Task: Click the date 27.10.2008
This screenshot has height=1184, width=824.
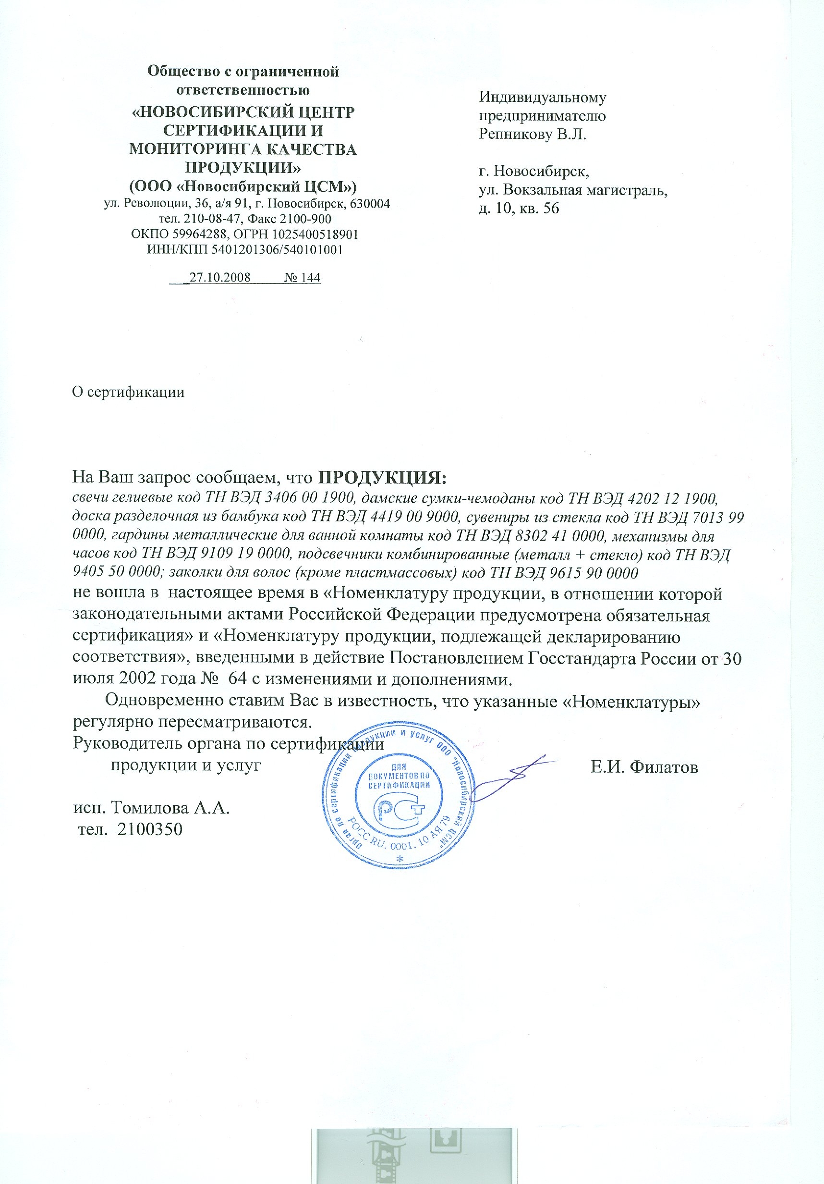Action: point(219,277)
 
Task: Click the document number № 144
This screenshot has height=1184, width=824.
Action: point(302,277)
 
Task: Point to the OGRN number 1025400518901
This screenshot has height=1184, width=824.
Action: point(315,234)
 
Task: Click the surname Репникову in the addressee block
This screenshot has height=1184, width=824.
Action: point(515,135)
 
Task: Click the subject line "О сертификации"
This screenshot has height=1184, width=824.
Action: point(128,393)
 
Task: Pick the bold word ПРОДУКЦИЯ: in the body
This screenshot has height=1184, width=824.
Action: point(381,477)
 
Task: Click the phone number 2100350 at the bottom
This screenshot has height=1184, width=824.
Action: point(150,829)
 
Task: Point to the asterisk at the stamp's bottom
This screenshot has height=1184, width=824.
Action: point(400,858)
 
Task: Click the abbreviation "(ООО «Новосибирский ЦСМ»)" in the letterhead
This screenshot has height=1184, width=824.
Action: point(242,185)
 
